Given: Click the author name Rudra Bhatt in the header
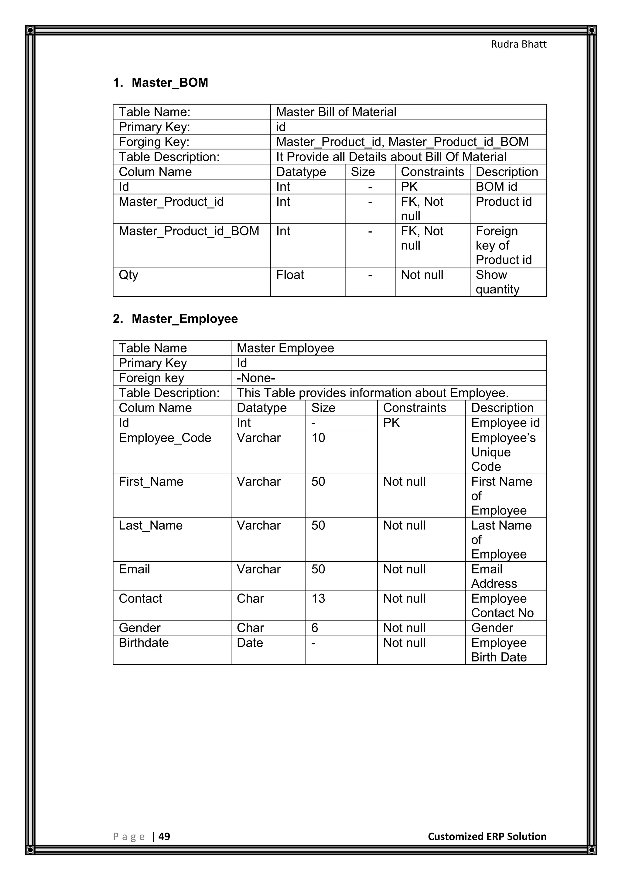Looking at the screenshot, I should (519, 44).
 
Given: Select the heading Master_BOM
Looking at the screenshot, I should (170, 82).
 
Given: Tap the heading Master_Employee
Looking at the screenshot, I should (185, 318).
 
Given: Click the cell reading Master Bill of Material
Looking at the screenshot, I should (336, 112).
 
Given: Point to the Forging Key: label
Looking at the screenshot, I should (154, 142).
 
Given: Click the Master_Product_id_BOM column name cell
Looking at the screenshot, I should (189, 231).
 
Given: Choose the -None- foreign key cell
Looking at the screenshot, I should (256, 378).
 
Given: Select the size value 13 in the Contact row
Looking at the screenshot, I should (318, 598).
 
